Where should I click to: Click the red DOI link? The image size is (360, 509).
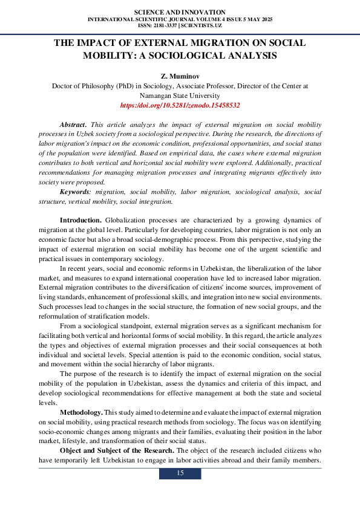[x=180, y=105]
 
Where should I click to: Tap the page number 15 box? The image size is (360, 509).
[x=180, y=473]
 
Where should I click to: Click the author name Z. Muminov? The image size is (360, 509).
[x=180, y=76]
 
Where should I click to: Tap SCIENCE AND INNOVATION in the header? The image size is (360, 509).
[x=180, y=12]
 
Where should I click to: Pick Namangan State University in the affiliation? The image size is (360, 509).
[x=180, y=95]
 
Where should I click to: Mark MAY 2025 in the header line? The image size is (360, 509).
[x=260, y=19]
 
